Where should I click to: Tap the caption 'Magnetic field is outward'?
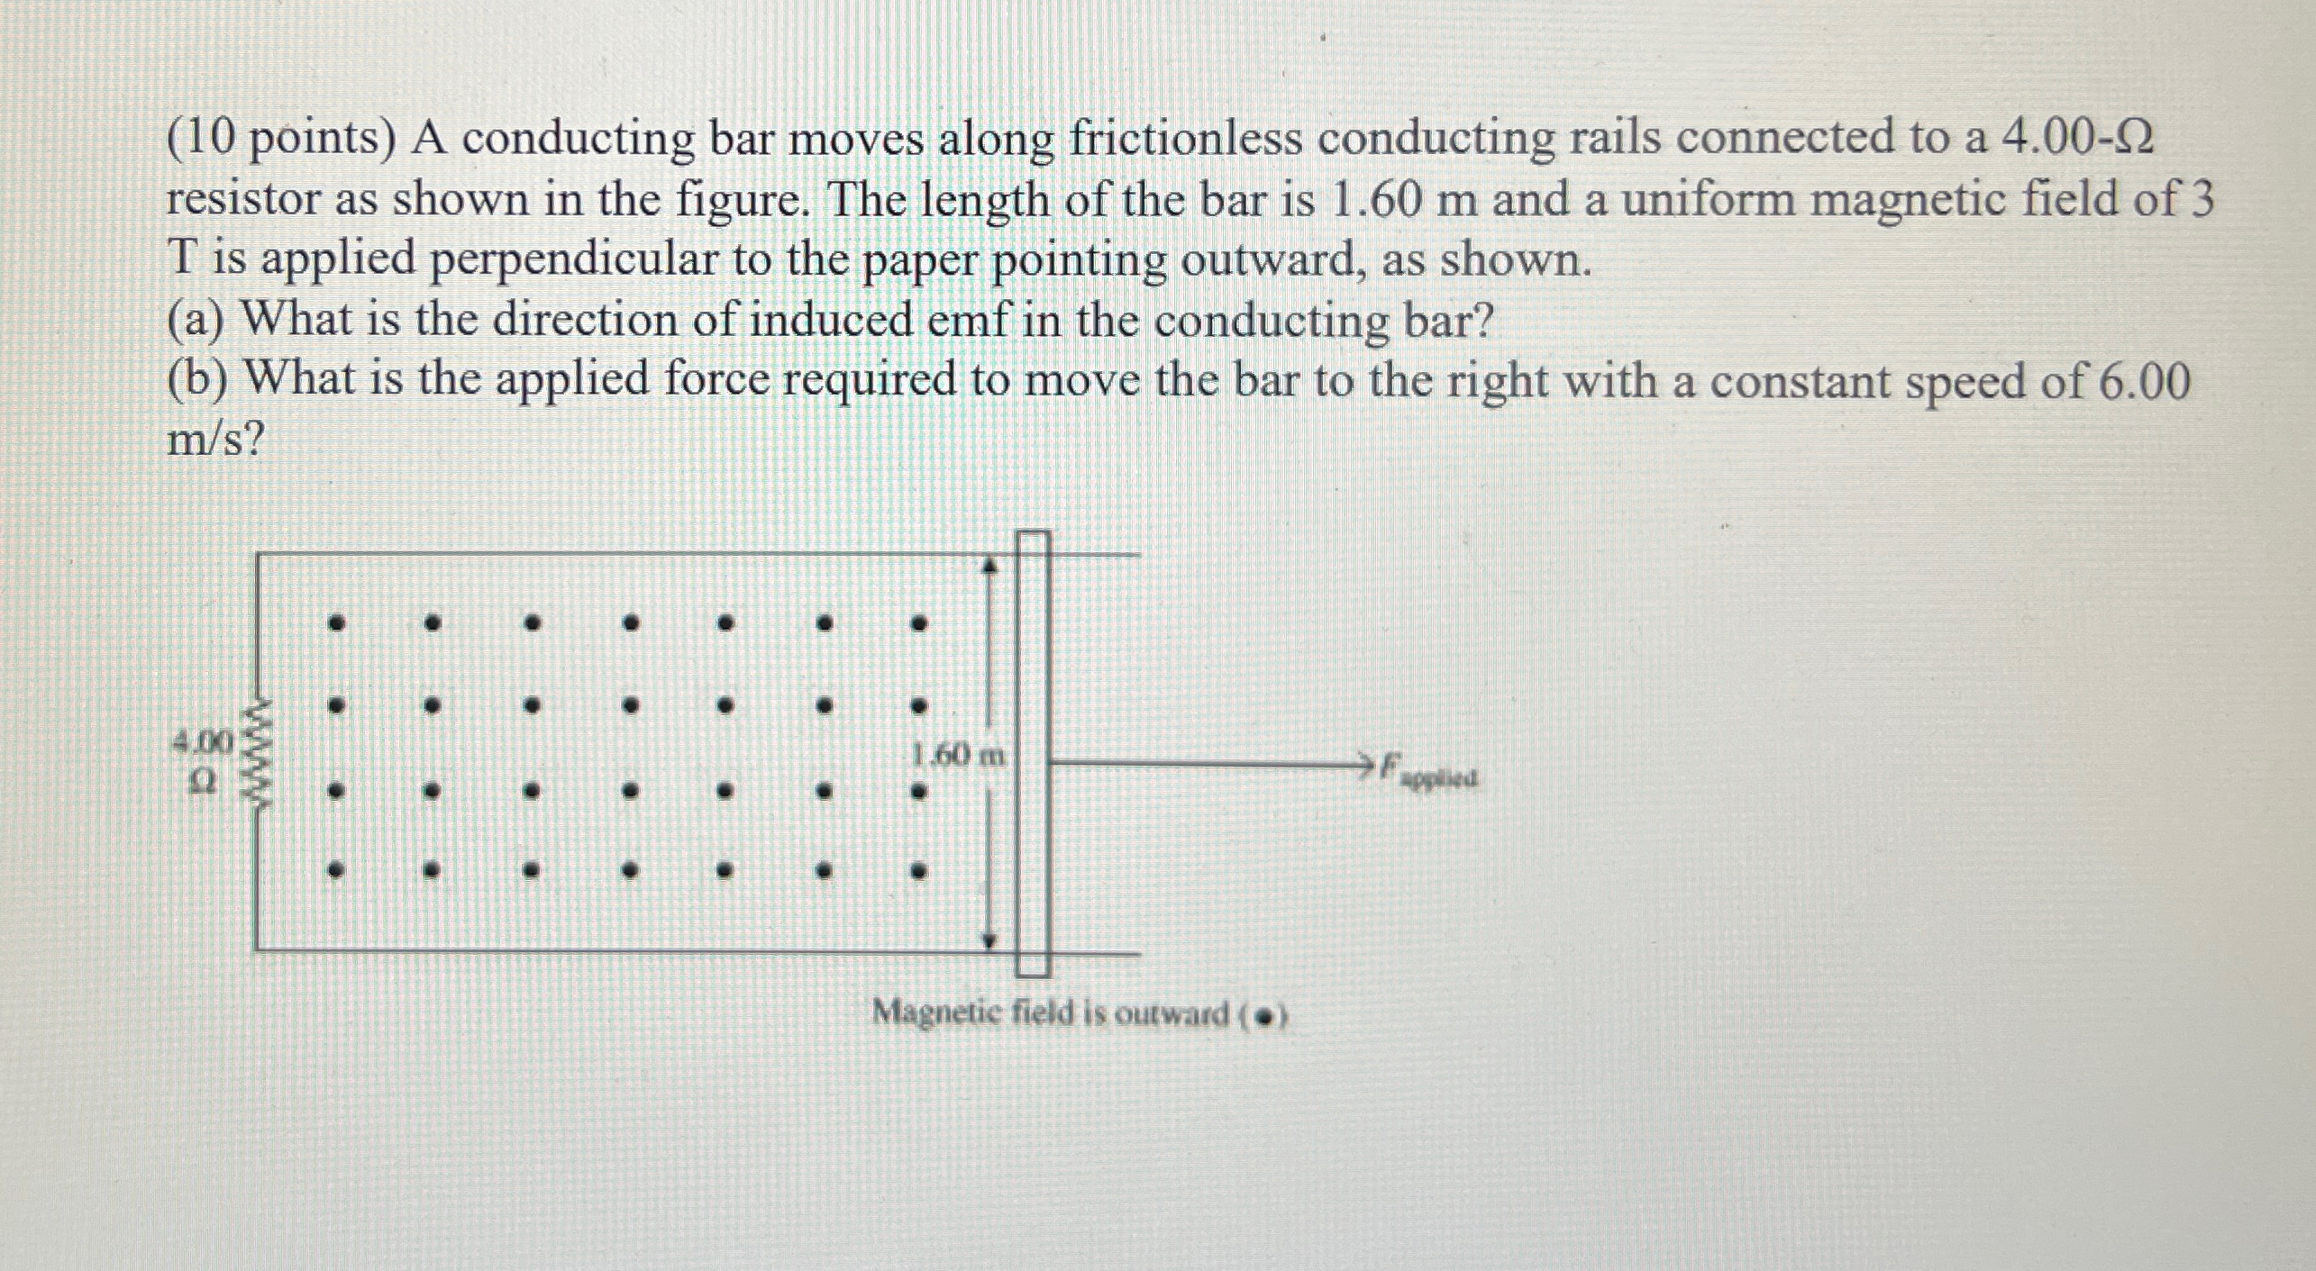(x=1050, y=1014)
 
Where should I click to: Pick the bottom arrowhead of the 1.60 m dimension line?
(x=989, y=941)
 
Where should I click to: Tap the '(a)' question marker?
(x=196, y=320)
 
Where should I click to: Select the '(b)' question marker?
(x=197, y=381)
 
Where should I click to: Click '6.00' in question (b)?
(x=2145, y=381)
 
